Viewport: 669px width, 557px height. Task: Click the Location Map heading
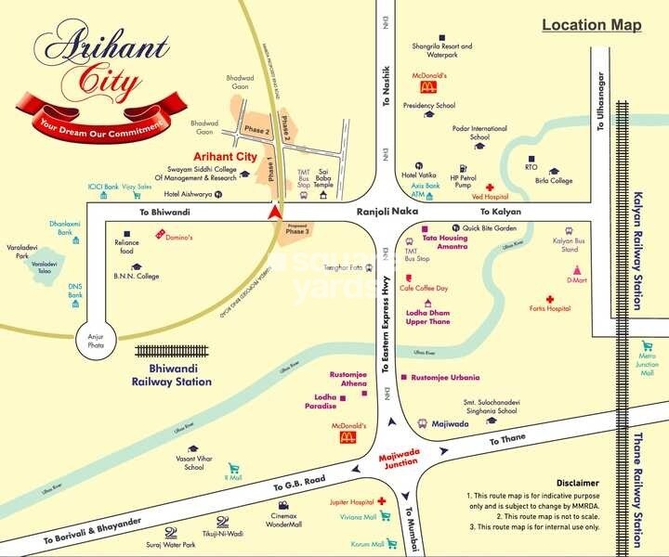(591, 25)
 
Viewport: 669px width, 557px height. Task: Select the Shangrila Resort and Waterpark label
(441, 50)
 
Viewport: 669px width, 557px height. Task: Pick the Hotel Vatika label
(418, 175)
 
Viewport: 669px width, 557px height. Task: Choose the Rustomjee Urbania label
(445, 378)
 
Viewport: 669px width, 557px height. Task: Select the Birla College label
(554, 182)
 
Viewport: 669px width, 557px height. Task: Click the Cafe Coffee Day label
(424, 289)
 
